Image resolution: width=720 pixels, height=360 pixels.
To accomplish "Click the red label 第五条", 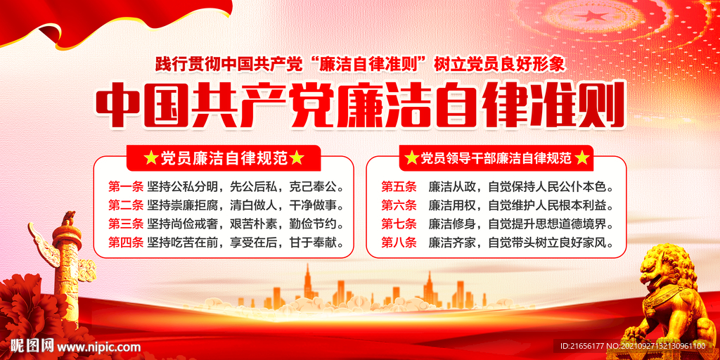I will [399, 188].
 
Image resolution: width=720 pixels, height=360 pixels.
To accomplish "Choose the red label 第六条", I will [399, 206].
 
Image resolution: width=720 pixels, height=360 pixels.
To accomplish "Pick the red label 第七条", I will [399, 224].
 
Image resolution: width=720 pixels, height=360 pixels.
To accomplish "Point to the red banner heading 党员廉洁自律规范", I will [224, 158].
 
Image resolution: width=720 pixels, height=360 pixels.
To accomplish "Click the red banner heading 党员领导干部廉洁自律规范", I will [496, 158].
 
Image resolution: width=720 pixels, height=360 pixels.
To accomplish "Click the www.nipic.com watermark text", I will [98, 347].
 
